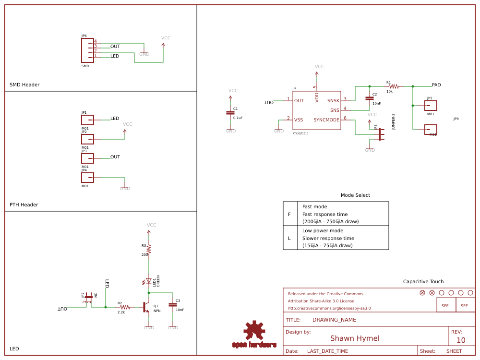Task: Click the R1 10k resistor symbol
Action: [393, 86]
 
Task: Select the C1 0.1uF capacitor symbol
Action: [230, 112]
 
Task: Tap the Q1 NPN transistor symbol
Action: [145, 307]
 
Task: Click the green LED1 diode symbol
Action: [149, 281]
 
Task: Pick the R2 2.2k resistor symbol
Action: [125, 307]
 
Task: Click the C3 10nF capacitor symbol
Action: [173, 304]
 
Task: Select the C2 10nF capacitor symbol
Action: [369, 98]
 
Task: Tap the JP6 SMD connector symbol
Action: [88, 49]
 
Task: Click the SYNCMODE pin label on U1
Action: [326, 120]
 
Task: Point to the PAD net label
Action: [436, 85]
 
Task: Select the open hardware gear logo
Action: [254, 330]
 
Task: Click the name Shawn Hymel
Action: [355, 338]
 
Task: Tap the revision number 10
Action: [461, 340]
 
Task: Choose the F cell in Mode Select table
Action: [289, 215]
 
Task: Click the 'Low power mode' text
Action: [323, 231]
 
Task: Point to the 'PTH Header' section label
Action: [24, 205]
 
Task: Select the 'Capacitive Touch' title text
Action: [423, 282]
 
